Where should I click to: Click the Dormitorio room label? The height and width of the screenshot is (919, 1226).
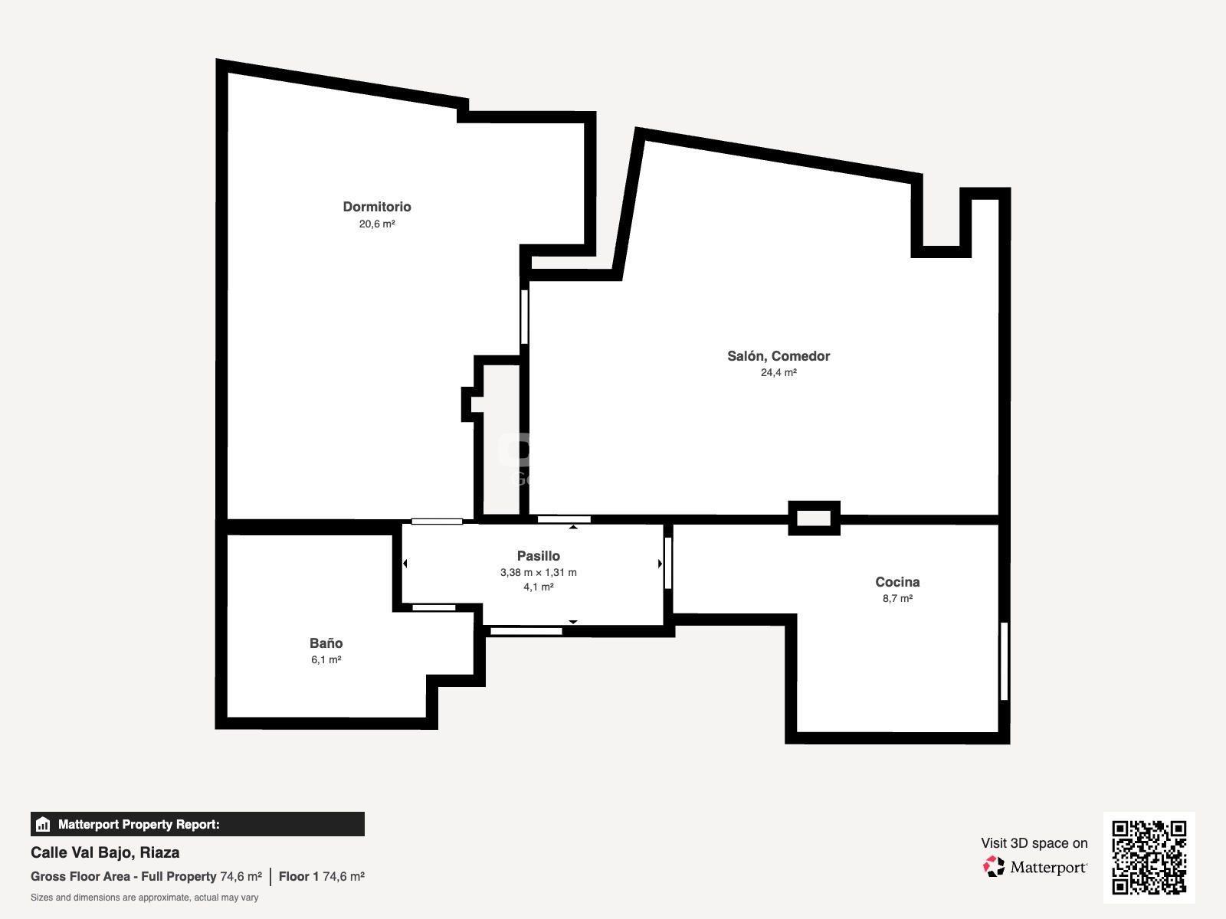(377, 207)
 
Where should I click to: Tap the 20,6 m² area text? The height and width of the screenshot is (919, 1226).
(377, 224)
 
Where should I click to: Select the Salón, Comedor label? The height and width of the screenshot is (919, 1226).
(779, 356)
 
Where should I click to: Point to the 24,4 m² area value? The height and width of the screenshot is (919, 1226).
(779, 372)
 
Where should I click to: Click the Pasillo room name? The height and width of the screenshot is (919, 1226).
(539, 556)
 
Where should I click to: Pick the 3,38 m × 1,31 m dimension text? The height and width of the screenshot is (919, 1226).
(539, 572)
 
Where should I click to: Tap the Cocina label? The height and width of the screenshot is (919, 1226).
(897, 582)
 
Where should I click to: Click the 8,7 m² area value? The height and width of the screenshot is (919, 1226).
(897, 598)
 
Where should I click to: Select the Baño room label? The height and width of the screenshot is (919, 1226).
(326, 643)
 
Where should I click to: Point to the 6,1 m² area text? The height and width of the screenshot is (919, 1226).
(326, 659)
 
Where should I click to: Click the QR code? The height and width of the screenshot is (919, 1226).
(1149, 857)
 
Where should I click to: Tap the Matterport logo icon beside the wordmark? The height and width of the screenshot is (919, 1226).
(994, 867)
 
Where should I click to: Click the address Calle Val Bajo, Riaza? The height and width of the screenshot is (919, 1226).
(105, 852)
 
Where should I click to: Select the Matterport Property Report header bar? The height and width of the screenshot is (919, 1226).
(197, 824)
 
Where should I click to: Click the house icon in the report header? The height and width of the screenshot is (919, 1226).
(43, 824)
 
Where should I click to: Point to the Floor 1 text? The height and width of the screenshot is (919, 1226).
(299, 876)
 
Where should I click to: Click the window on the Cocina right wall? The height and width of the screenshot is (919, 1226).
(1005, 661)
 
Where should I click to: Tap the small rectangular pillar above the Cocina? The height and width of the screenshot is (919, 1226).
(814, 518)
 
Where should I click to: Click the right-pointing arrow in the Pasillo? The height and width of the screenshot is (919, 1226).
(660, 564)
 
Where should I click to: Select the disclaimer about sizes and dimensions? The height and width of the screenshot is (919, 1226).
(144, 898)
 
